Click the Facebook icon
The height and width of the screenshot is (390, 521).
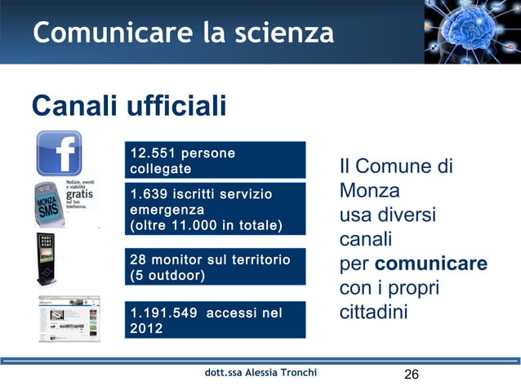click(60, 153)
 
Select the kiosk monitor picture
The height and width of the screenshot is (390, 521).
click(47, 260)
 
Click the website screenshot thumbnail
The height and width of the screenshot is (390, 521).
click(69, 318)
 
